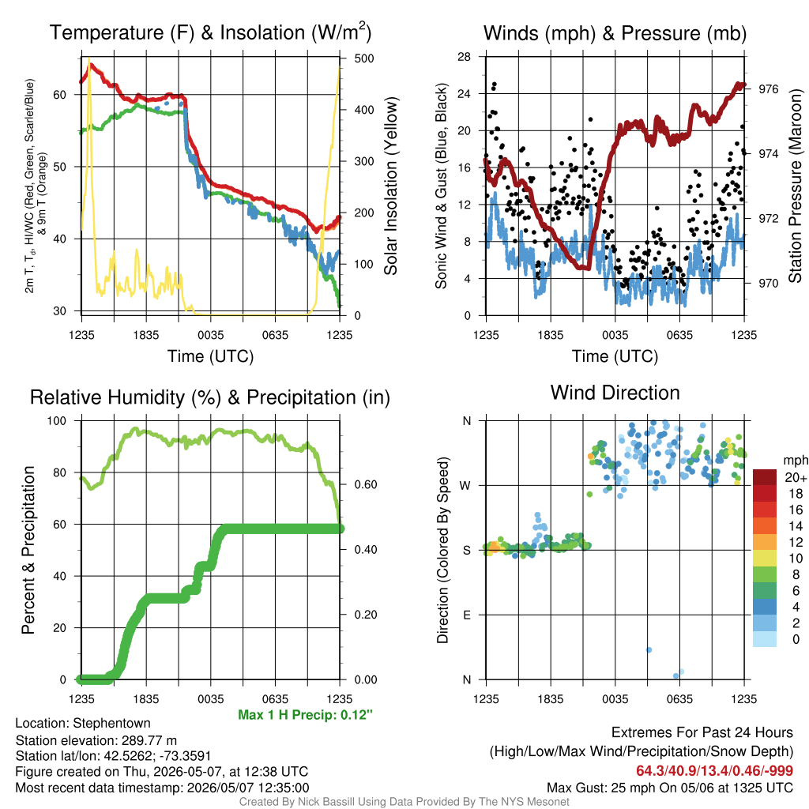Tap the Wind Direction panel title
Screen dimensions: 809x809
(615, 393)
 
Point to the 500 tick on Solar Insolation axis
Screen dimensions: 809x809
(364, 58)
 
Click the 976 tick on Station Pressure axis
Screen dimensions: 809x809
(768, 89)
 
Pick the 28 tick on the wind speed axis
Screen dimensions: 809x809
(464, 57)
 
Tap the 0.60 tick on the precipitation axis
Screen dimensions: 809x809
(366, 484)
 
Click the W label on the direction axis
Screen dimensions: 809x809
(465, 486)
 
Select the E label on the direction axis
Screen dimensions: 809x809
(467, 615)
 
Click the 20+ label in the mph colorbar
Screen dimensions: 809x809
(796, 477)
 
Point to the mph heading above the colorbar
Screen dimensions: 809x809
(796, 461)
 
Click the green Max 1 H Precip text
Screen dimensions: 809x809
(305, 715)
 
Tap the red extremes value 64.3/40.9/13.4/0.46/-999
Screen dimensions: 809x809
(714, 771)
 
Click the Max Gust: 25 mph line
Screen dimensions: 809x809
(670, 788)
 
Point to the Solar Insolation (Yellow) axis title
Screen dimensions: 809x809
(390, 186)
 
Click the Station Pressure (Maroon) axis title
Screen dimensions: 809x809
(795, 186)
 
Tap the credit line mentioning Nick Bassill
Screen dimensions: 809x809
(404, 802)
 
